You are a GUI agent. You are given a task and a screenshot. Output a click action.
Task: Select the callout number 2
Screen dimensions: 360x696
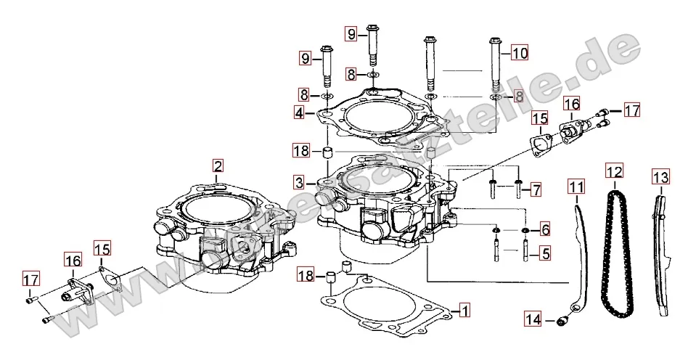tap(218, 165)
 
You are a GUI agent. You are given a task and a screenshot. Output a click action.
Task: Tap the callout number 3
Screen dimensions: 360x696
tap(300, 181)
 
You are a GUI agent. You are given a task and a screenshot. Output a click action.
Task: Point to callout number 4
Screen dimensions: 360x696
tap(300, 113)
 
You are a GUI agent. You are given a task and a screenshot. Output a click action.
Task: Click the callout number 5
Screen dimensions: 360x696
tap(544, 253)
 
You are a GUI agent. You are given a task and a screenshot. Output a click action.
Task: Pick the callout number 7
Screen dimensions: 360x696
tap(536, 190)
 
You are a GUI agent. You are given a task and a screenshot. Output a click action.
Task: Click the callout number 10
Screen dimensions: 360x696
tap(519, 53)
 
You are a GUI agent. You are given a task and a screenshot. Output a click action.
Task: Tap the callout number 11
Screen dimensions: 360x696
tap(576, 187)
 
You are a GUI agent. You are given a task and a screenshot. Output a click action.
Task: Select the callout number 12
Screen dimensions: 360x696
tap(614, 172)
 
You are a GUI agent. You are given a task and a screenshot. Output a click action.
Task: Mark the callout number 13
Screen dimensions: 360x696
tap(660, 176)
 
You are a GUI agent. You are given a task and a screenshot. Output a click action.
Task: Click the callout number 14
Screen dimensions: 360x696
tap(533, 319)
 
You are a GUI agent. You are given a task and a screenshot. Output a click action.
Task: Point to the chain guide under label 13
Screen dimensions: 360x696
tap(660, 254)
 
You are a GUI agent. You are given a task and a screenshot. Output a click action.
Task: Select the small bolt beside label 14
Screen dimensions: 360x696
tap(562, 319)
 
